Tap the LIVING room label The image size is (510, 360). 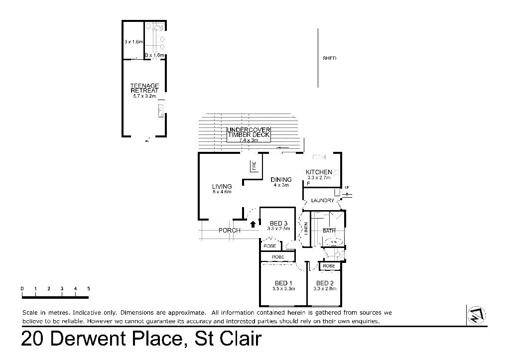tap(222, 186)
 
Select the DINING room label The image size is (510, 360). tap(281, 179)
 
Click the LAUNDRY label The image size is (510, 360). tap(322, 200)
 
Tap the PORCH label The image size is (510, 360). tap(230, 231)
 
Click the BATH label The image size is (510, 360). tap(329, 231)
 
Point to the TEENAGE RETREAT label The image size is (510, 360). tap(144, 89)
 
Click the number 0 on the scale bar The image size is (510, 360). tap(22, 289)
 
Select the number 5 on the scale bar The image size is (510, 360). tap(89, 289)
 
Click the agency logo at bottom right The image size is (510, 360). tap(476, 314)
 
